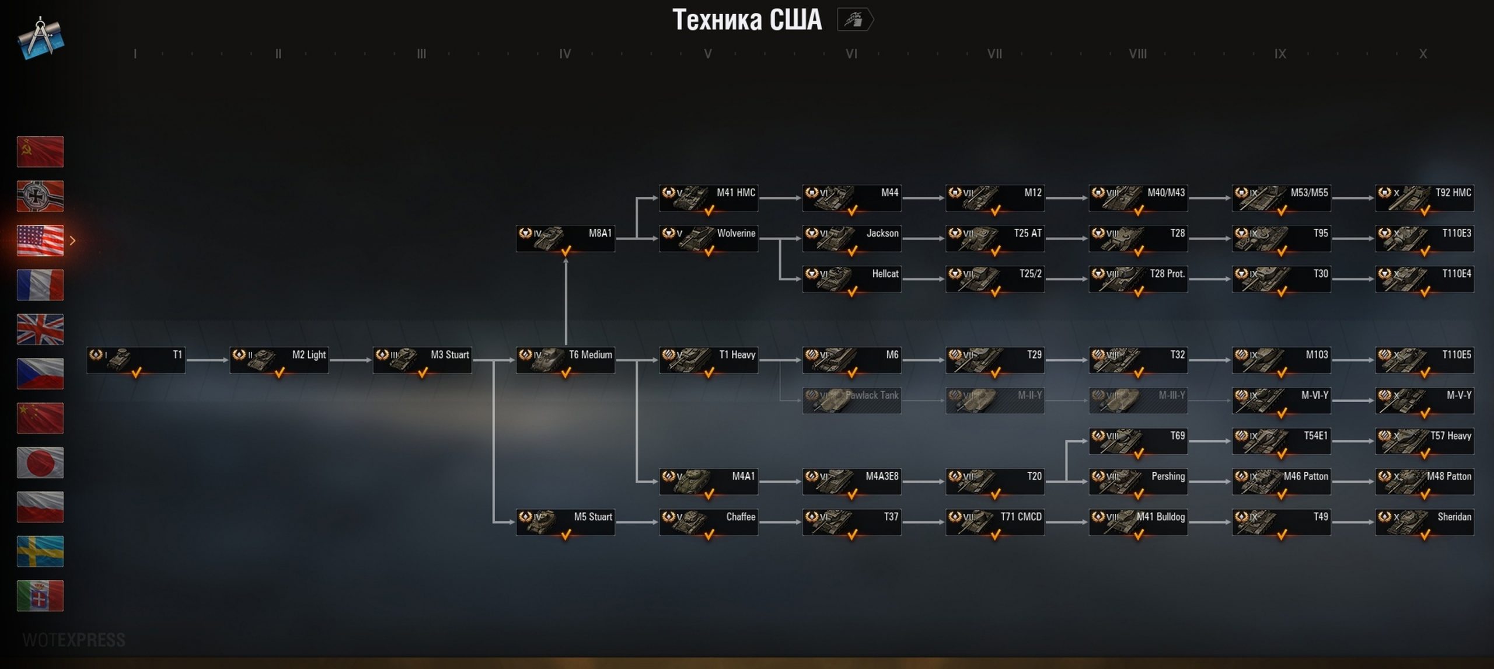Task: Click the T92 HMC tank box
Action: (x=1424, y=198)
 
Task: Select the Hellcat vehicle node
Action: (x=851, y=279)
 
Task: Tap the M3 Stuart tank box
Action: (x=422, y=360)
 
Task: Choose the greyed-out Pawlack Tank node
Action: (x=851, y=400)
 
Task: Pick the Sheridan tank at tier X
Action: (x=1424, y=522)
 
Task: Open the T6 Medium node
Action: (x=565, y=360)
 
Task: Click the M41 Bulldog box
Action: (x=1138, y=522)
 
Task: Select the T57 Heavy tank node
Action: (x=1424, y=441)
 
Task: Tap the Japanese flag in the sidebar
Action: (x=40, y=462)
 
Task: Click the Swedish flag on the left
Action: (x=40, y=551)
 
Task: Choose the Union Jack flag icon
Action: (x=40, y=329)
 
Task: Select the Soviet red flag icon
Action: (x=40, y=152)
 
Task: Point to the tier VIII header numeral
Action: (x=1137, y=54)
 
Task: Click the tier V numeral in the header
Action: (x=708, y=54)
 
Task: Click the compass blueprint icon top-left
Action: (x=40, y=38)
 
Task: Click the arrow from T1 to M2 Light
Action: (x=207, y=360)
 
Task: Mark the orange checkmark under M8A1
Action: (x=566, y=251)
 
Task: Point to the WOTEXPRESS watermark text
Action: (x=74, y=640)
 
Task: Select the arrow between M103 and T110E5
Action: (x=1353, y=360)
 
